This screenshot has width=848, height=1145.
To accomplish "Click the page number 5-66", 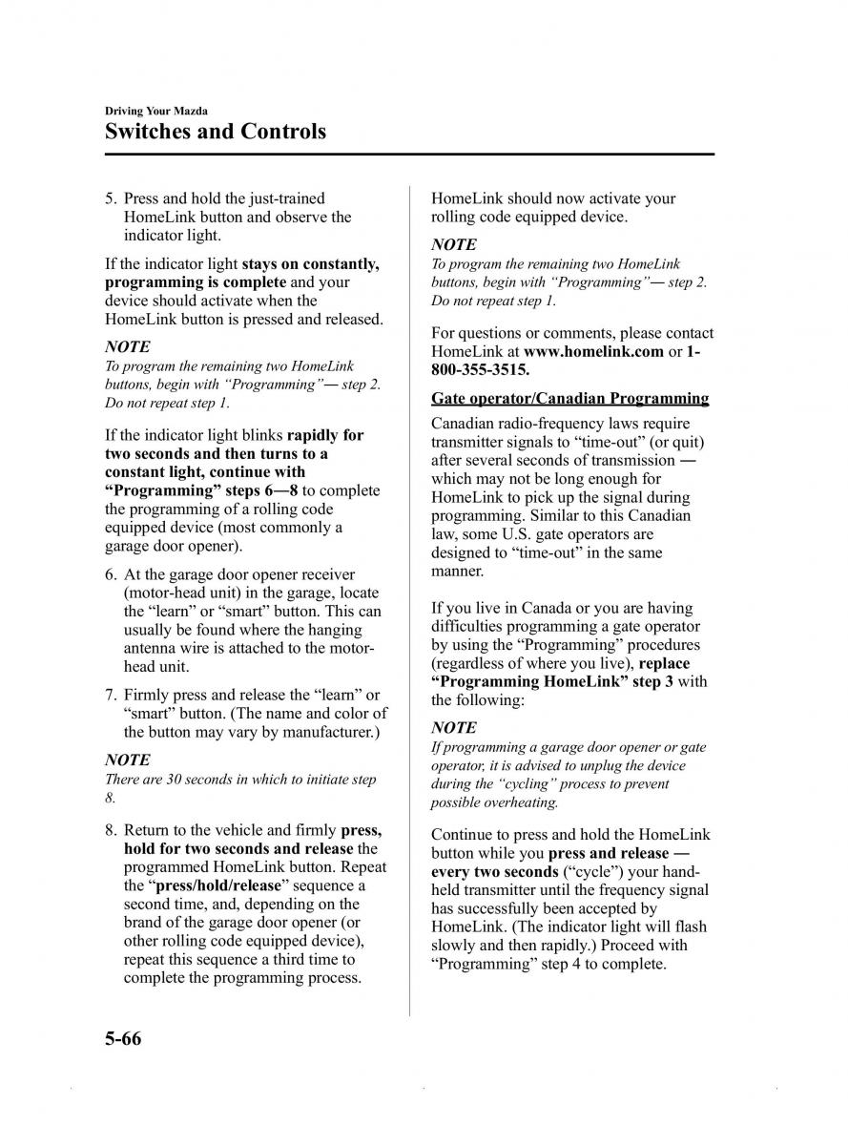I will (x=123, y=1038).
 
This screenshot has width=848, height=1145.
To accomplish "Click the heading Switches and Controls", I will (x=216, y=131).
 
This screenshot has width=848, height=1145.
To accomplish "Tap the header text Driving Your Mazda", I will (x=156, y=111).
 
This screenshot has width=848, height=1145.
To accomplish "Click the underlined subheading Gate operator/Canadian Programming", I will (x=569, y=399).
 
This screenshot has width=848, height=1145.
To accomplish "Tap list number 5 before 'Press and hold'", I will (x=111, y=198).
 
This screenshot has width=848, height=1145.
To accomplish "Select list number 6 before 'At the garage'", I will (x=111, y=574).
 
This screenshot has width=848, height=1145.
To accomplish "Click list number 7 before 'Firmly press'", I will (x=111, y=695).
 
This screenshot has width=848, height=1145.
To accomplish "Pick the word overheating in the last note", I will (x=523, y=802).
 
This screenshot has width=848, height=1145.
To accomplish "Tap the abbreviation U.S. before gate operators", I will (x=519, y=534).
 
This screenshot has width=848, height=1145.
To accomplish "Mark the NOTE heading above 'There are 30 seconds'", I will (x=128, y=760).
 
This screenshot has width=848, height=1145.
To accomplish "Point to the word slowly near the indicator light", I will (x=453, y=946).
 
